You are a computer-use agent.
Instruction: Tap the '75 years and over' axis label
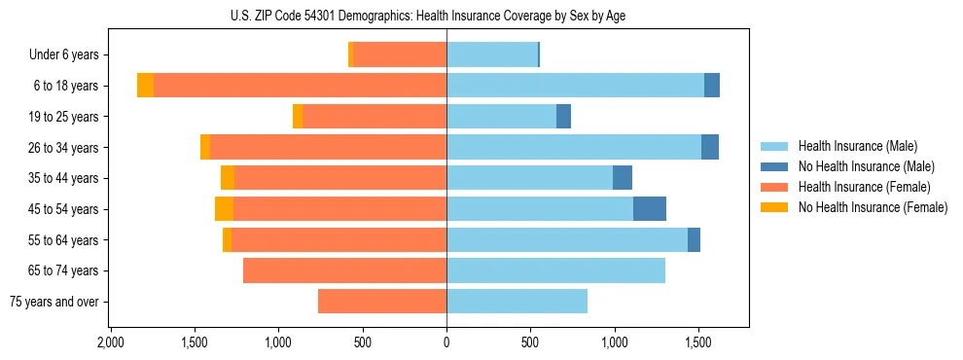click(54, 302)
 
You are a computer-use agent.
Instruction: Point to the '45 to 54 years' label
click(61, 209)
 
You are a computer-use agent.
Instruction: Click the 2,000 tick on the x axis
click(111, 343)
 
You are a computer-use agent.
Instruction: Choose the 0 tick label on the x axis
click(446, 343)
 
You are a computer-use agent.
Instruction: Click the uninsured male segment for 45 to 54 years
click(650, 209)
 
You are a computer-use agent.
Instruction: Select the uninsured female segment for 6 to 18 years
click(145, 86)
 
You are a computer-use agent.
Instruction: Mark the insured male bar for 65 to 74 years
click(555, 270)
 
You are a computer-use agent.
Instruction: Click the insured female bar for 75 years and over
click(382, 302)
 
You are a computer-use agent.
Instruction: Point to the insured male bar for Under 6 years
click(492, 55)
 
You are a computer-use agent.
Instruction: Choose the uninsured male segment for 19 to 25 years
click(563, 117)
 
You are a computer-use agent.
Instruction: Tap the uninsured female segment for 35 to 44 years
click(228, 178)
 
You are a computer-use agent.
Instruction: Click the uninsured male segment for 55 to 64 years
click(694, 240)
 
